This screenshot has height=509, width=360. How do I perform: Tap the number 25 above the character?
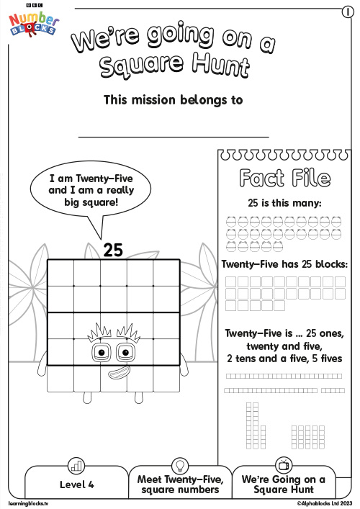click(113, 250)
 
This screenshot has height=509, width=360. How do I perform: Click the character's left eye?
click(102, 353)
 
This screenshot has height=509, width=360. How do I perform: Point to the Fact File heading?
click(284, 179)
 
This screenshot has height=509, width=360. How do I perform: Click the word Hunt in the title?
click(221, 66)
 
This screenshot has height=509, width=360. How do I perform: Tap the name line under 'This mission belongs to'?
click(174, 137)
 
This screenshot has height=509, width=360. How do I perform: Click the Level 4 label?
click(76, 485)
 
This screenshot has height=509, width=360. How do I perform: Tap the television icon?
click(284, 465)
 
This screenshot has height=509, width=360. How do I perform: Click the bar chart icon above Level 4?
click(76, 466)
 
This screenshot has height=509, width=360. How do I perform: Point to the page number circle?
click(348, 12)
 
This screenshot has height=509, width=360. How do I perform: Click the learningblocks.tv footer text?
click(28, 503)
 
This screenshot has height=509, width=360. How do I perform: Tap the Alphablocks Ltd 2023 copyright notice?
click(325, 503)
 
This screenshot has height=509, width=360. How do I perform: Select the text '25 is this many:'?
click(284, 203)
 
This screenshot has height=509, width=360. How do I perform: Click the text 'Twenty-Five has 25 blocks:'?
click(284, 264)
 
